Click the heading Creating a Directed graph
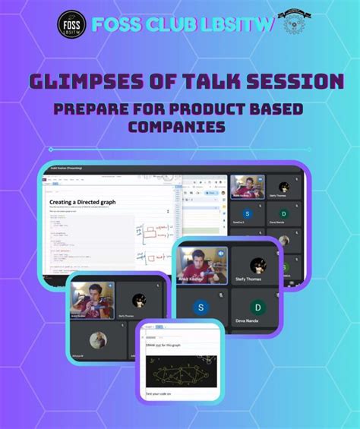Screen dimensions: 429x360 click(84, 202)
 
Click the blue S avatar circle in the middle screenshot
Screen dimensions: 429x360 click(201, 307)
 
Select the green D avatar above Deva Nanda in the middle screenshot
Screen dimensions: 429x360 click(259, 307)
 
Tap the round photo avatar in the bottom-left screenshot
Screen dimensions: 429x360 click(97, 340)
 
